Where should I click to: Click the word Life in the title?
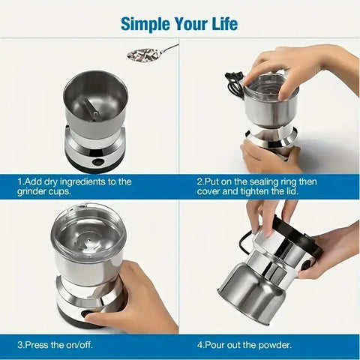click(222, 23)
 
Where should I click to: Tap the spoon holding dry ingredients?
click(146, 54)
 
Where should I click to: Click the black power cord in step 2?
click(235, 83)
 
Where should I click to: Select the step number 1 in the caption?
click(20, 181)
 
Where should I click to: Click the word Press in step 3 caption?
click(36, 346)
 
